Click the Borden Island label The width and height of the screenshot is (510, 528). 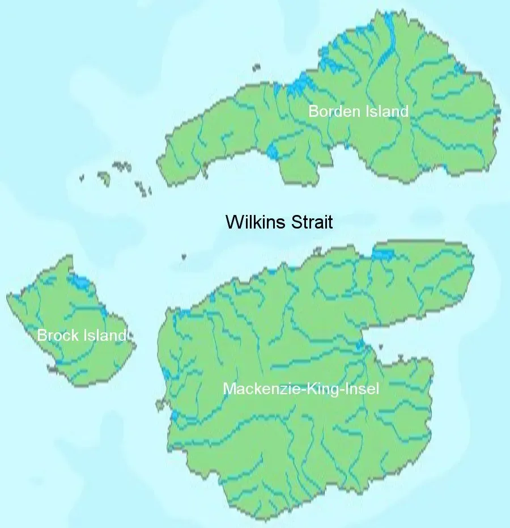358,111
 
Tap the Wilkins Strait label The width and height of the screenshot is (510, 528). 279,222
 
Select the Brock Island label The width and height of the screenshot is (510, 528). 82,335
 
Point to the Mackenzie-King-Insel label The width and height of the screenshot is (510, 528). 301,389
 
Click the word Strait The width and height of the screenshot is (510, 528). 311,222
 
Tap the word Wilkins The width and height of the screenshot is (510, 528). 255,222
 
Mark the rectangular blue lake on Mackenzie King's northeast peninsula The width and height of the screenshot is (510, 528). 382,254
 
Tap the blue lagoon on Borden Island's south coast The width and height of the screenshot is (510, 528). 273,151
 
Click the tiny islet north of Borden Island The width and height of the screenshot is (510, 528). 257,67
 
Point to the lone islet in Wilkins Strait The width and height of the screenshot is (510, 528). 184,256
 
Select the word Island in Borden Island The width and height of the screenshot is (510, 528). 385,111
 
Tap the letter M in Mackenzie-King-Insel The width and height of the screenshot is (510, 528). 228,389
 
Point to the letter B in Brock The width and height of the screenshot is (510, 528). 41,335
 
